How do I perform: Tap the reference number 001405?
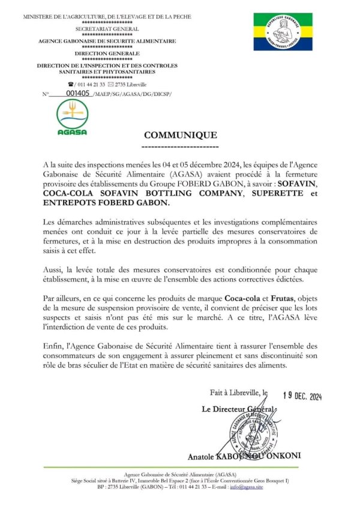click(x=79, y=94)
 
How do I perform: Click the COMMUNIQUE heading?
click(x=180, y=136)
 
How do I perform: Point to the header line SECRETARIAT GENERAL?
click(x=107, y=29)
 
